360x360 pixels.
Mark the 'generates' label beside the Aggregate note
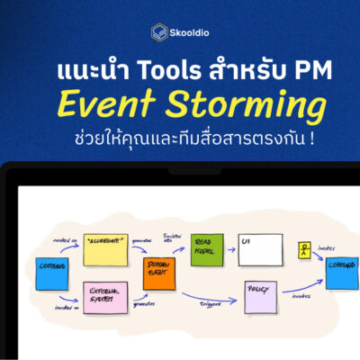(142, 241)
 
